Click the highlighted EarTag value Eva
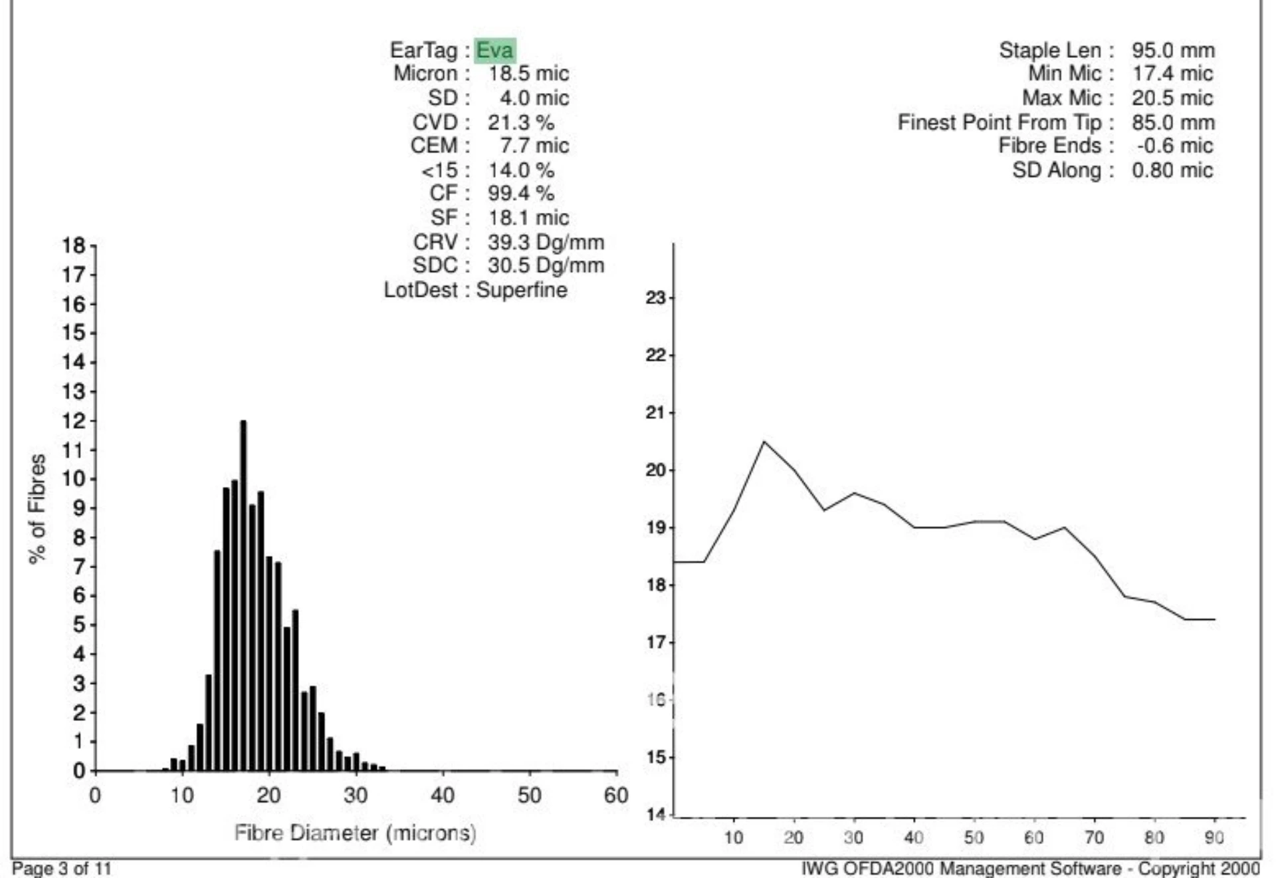(x=495, y=51)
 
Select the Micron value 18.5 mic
(x=528, y=74)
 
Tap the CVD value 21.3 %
(x=520, y=122)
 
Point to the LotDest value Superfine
(x=522, y=290)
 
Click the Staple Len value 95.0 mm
(x=1173, y=51)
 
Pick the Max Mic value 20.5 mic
(x=1172, y=98)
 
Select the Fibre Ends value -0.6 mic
(x=1174, y=146)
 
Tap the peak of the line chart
(x=764, y=442)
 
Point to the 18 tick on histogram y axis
(x=74, y=246)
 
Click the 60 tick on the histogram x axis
(x=616, y=796)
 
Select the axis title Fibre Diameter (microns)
(x=355, y=833)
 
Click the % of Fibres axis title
(x=38, y=509)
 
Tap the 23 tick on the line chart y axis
(x=655, y=298)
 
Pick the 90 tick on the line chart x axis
(x=1214, y=837)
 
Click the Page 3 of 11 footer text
(x=62, y=869)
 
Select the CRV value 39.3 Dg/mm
(x=546, y=242)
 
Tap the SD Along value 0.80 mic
(x=1172, y=170)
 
